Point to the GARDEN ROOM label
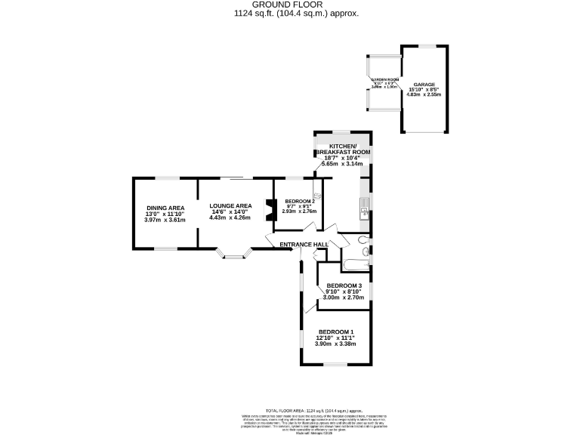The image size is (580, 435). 384,79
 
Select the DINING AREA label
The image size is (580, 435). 165,208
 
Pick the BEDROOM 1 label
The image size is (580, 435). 335,332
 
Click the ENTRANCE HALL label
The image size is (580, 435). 304,245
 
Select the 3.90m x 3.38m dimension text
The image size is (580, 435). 335,344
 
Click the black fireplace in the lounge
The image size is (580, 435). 268,211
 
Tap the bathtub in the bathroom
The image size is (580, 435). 355,264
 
